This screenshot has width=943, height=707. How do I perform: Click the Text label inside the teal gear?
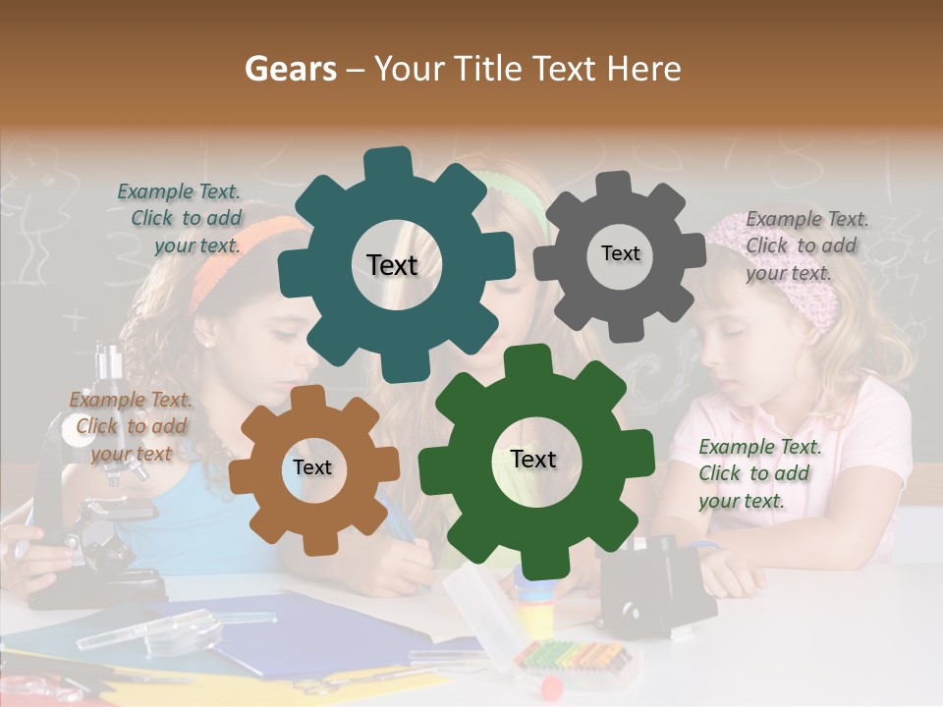pyautogui.click(x=392, y=265)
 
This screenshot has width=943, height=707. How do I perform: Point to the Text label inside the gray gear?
pyautogui.click(x=620, y=253)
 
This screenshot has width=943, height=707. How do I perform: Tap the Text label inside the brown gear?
pyautogui.click(x=311, y=468)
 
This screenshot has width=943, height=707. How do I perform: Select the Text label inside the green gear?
pyautogui.click(x=533, y=459)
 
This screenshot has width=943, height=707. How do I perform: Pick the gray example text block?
pyautogui.click(x=804, y=245)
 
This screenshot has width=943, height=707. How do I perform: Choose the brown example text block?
pyautogui.click(x=131, y=426)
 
